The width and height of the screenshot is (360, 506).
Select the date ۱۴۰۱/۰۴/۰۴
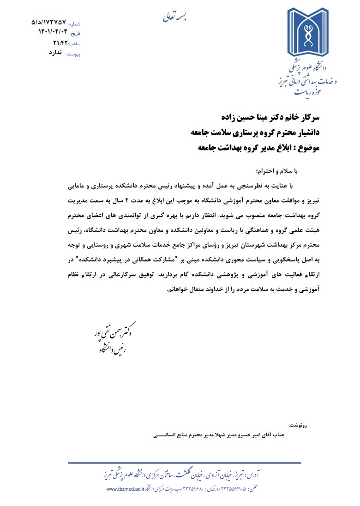[x=53, y=32]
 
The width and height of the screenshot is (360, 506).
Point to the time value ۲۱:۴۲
[x=60, y=43]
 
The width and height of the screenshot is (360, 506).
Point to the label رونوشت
[x=298, y=424]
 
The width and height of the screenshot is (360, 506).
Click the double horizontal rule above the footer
[x=184, y=463]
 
